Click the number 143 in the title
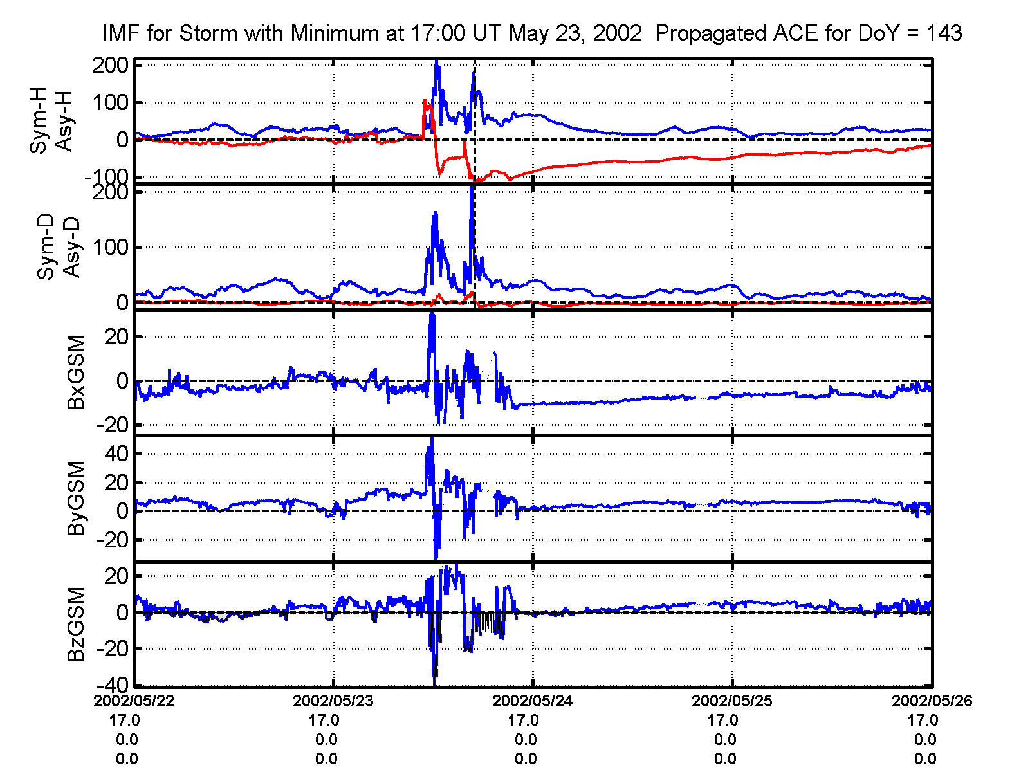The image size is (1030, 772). click(x=944, y=32)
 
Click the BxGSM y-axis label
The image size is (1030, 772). click(x=76, y=372)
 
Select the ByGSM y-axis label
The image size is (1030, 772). click(x=76, y=498)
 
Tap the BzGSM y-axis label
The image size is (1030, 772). click(x=76, y=624)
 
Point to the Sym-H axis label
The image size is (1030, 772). click(x=39, y=122)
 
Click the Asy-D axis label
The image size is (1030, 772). click(x=71, y=248)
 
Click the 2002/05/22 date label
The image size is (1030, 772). click(x=134, y=701)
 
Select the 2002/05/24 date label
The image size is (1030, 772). click(x=533, y=701)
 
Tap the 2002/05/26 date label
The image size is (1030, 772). click(x=932, y=701)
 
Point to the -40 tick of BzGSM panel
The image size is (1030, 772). click(x=113, y=685)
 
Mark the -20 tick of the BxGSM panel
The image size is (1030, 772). click(x=113, y=425)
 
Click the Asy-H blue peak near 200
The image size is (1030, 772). click(x=437, y=62)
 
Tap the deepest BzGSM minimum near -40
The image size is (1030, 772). click(x=435, y=681)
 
